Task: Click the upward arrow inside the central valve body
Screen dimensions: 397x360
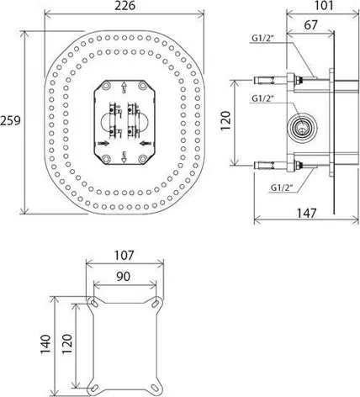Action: pos(124,86)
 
